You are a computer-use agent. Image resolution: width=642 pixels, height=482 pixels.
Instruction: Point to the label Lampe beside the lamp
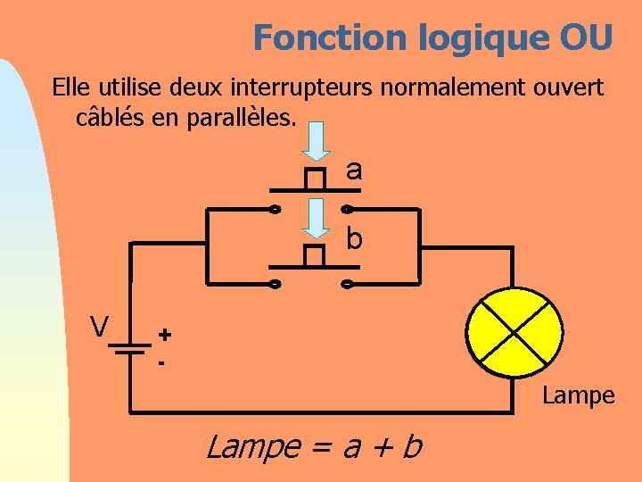click(579, 395)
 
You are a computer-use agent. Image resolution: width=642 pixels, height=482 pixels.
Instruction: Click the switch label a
click(354, 170)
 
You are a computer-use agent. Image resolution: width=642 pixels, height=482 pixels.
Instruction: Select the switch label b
click(354, 239)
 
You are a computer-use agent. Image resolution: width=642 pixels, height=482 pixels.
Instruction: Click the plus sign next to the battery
click(165, 334)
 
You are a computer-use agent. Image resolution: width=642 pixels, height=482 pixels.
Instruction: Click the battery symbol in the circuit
click(130, 346)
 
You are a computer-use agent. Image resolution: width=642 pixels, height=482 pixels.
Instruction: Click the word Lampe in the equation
click(252, 445)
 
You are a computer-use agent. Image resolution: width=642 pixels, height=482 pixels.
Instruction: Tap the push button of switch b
click(313, 256)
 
